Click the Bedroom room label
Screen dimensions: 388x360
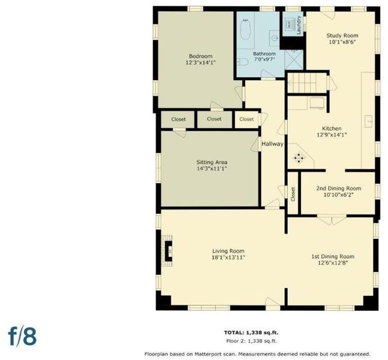click(x=201, y=56)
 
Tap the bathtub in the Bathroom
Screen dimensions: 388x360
click(x=246, y=29)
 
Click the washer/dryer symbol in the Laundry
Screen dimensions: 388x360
click(x=289, y=24)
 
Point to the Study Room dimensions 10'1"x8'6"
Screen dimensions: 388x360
click(x=342, y=42)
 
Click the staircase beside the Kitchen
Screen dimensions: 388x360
click(x=307, y=83)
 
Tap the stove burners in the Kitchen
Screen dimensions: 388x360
click(x=299, y=158)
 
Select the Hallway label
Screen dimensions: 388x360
click(x=273, y=144)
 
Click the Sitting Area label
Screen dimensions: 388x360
click(x=212, y=162)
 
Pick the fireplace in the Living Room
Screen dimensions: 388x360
click(x=168, y=251)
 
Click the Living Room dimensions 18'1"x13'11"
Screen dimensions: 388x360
click(x=228, y=257)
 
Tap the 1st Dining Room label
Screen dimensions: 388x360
click(x=333, y=256)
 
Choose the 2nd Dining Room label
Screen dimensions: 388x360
click(x=339, y=188)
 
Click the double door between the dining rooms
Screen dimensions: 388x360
click(x=332, y=220)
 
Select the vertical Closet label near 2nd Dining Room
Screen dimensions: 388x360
click(x=293, y=194)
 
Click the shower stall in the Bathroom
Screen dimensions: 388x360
click(x=294, y=59)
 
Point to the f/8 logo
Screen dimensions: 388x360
click(x=22, y=336)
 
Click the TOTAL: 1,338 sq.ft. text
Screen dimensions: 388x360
click(x=251, y=332)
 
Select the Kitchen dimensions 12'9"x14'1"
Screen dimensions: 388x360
click(x=332, y=135)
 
